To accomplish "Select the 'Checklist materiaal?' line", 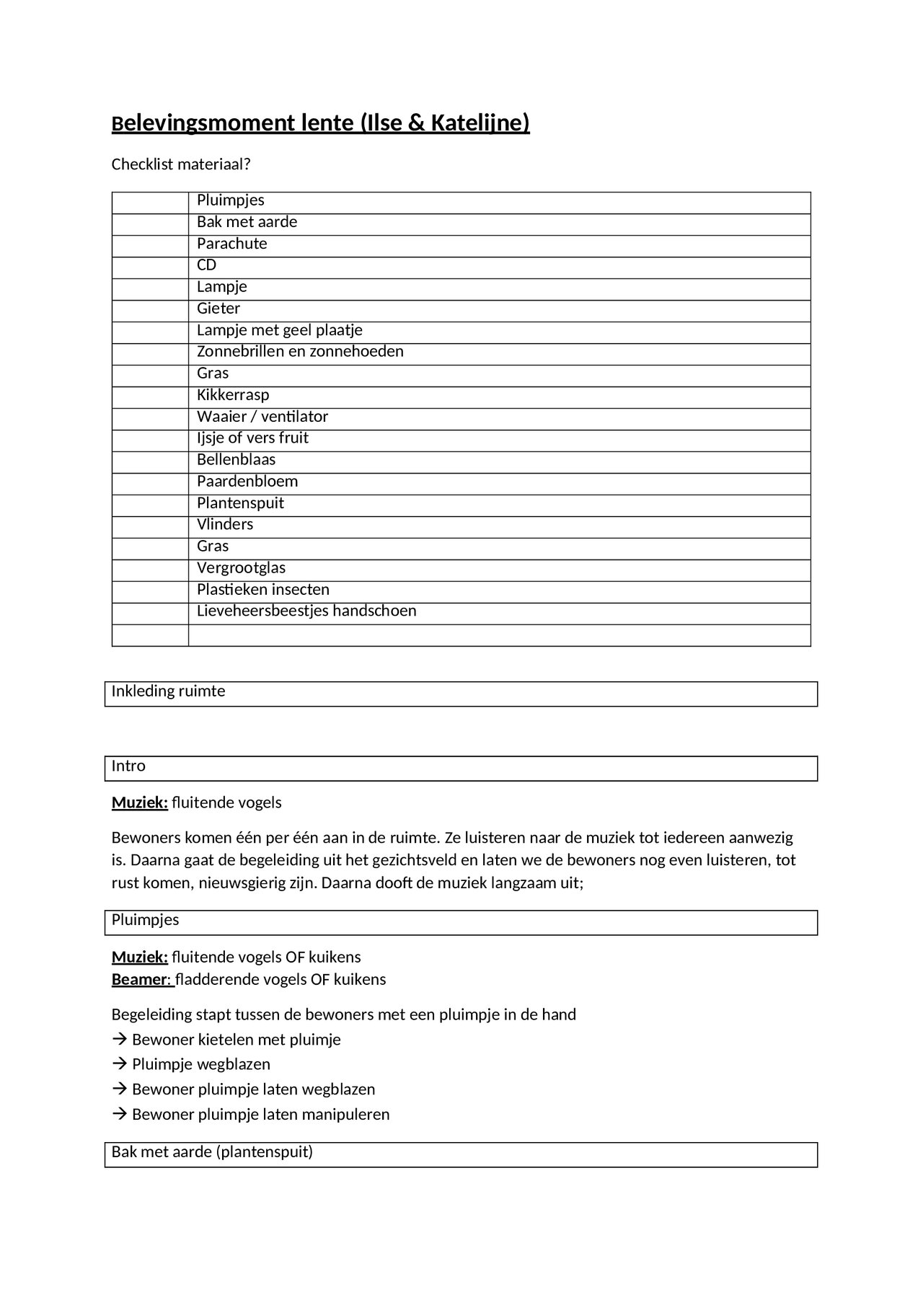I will [x=180, y=164].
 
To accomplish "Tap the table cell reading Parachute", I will [x=231, y=244].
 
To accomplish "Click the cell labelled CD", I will [x=206, y=265].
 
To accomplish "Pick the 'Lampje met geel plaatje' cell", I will [x=279, y=330].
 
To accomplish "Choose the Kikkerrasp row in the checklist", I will [x=232, y=395].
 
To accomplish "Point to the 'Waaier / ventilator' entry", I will [x=262, y=417].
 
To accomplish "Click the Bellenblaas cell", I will [x=236, y=460].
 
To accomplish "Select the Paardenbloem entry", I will [x=247, y=482].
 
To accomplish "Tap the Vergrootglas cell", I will [x=241, y=568].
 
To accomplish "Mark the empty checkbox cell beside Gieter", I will [x=150, y=309].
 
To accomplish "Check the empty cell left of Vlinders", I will [x=150, y=526].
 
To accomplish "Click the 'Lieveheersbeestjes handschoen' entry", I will [x=306, y=611].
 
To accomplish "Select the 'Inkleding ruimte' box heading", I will [x=168, y=691].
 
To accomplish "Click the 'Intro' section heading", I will [x=128, y=766].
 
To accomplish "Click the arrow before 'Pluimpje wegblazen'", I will [x=119, y=1065].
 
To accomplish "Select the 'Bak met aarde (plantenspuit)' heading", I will [x=212, y=1152].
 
